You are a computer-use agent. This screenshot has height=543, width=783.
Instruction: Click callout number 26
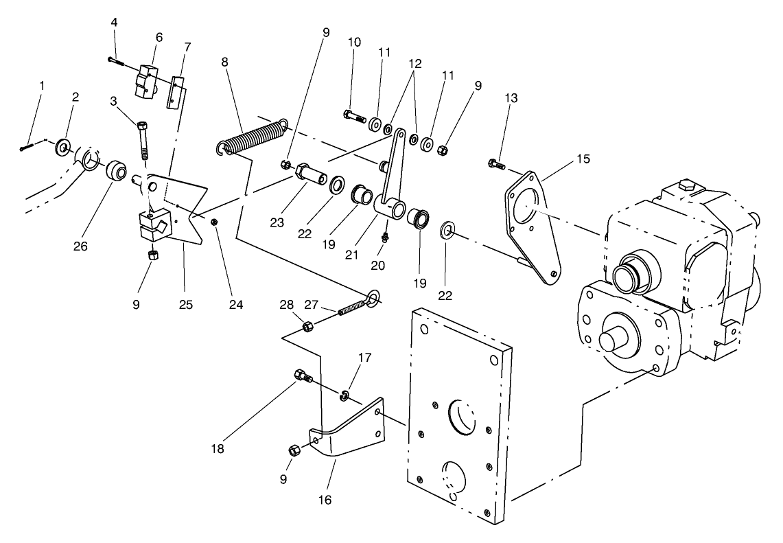81,246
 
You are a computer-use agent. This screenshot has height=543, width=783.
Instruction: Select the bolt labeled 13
495,165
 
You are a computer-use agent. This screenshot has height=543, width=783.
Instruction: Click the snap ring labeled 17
344,394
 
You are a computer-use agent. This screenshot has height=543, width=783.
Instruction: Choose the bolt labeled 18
303,376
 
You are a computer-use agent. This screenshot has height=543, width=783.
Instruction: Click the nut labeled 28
308,325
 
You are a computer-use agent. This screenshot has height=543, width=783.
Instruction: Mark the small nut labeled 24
215,222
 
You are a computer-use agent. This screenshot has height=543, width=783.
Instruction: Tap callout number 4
115,23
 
